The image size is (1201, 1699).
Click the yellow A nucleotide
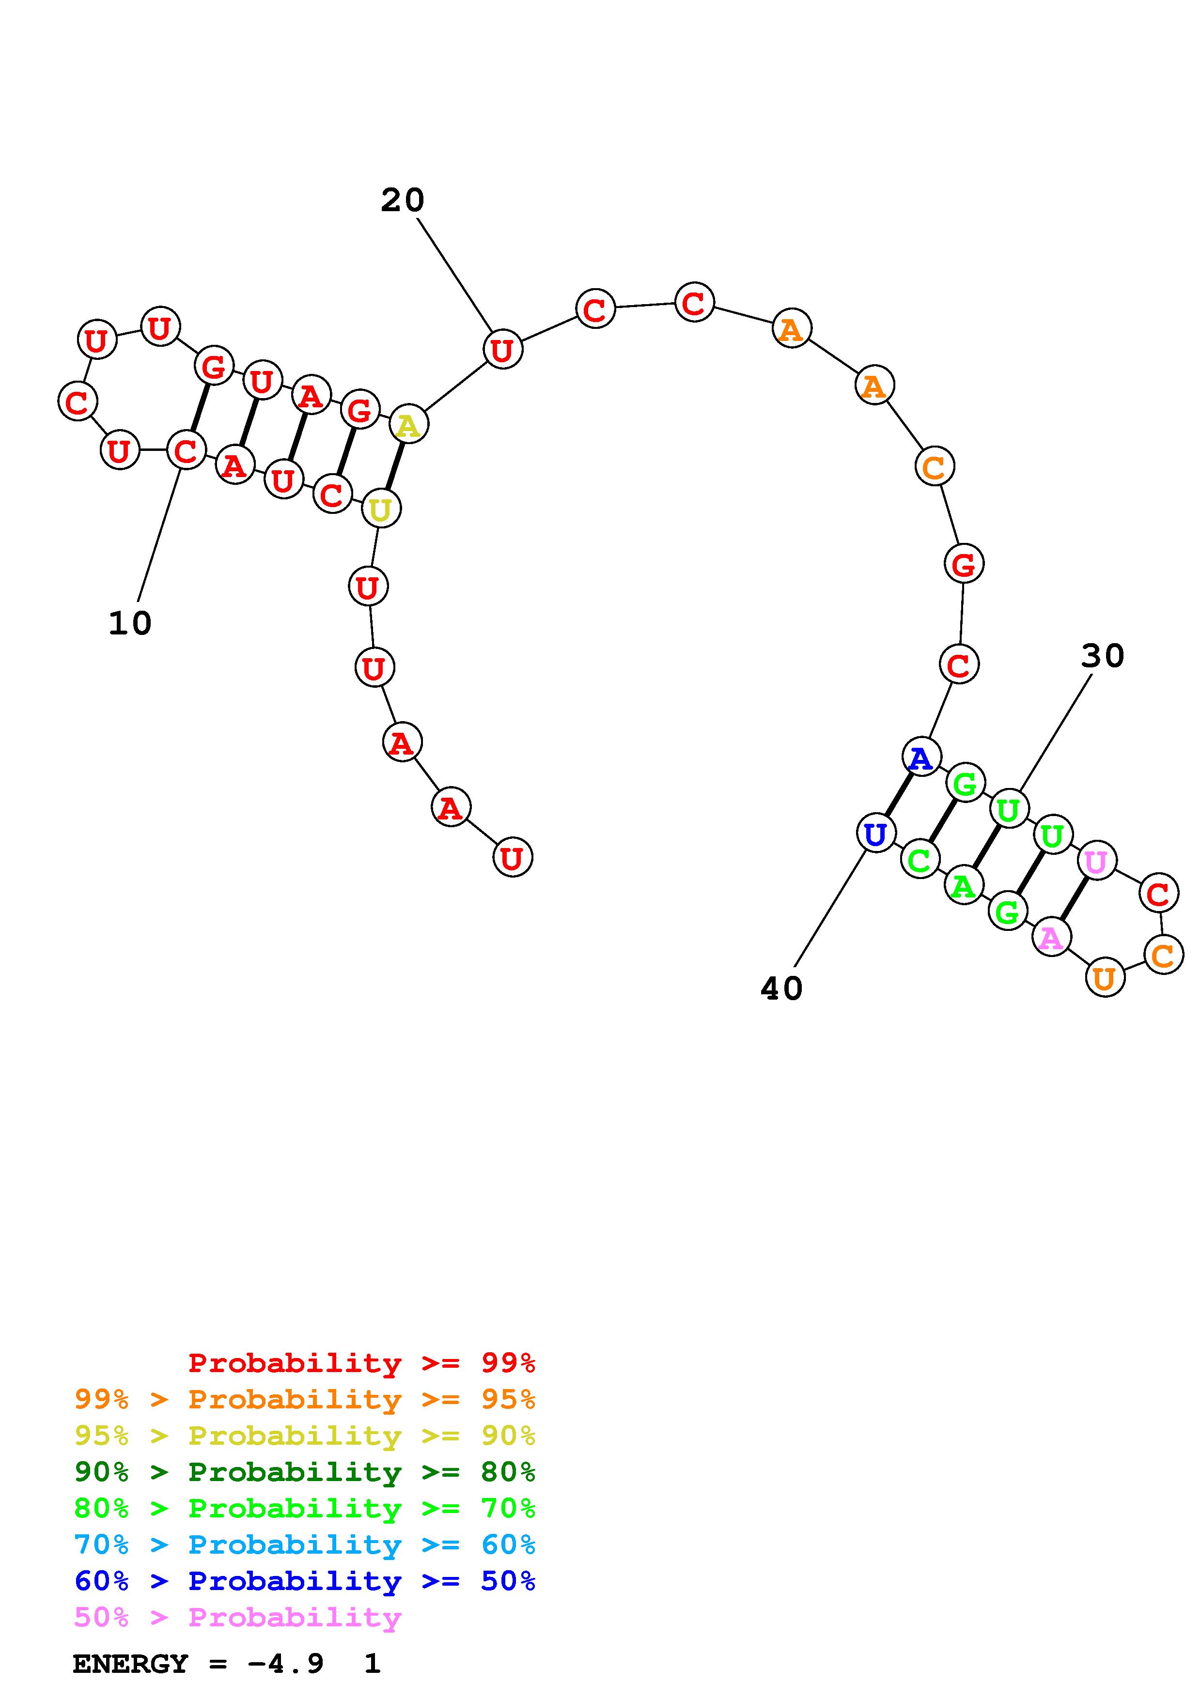(408, 425)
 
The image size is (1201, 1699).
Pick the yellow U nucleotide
(380, 509)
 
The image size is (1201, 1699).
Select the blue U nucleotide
(876, 834)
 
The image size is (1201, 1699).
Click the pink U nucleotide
(1096, 861)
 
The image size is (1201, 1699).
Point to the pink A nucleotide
(1051, 938)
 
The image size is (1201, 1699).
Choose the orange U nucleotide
(1105, 978)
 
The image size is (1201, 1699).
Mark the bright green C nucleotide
(919, 860)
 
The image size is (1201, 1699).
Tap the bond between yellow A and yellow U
(394, 467)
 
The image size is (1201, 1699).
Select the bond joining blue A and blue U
(898, 795)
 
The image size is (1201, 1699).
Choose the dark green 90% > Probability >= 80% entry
(305, 1472)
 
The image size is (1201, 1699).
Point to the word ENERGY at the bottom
(130, 1664)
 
